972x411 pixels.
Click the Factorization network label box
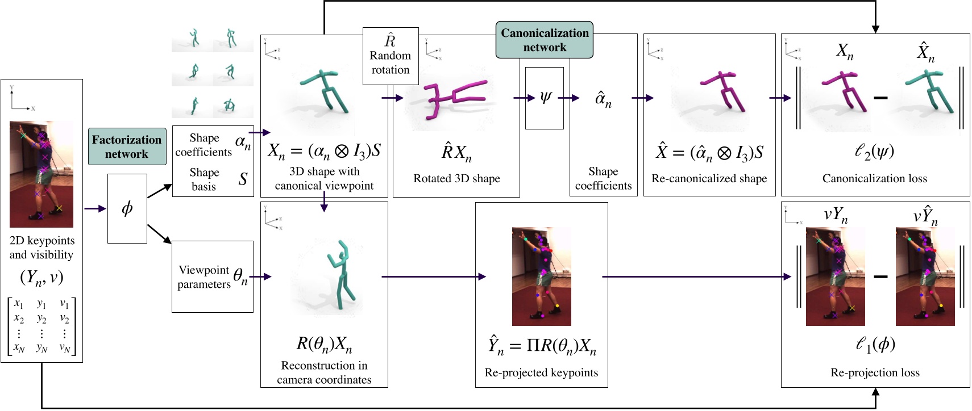tap(127, 146)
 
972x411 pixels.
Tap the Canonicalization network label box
tap(545, 40)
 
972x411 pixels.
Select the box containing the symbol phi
tap(127, 208)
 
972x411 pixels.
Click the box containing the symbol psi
tap(545, 98)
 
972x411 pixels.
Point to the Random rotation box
tap(391, 56)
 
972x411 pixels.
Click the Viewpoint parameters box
tap(213, 276)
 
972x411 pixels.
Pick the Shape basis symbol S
tap(243, 179)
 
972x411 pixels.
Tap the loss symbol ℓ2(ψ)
tap(874, 152)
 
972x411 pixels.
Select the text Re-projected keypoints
tap(541, 372)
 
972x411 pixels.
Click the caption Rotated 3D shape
tap(456, 178)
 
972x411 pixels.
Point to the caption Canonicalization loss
tap(874, 178)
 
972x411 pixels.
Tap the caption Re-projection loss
tap(875, 372)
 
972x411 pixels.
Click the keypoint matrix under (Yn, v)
tap(41, 326)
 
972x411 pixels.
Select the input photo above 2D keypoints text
tap(41, 174)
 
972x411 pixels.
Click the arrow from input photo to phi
tap(95, 209)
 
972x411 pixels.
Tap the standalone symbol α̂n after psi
tap(603, 100)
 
